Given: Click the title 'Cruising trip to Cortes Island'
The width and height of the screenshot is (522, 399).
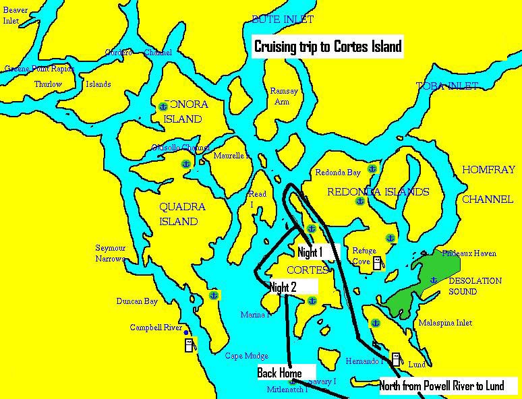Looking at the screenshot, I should tap(328, 47).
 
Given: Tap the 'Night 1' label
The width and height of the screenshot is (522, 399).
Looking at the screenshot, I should tap(310, 253).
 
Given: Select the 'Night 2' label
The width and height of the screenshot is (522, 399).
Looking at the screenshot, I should tap(283, 288).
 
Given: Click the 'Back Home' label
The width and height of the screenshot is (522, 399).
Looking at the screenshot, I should tap(279, 373).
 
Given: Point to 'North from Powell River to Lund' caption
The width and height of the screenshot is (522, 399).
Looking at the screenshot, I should tap(442, 386).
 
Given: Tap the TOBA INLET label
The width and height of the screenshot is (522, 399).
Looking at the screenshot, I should tap(446, 86).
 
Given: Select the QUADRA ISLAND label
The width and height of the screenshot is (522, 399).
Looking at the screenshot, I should tap(182, 214).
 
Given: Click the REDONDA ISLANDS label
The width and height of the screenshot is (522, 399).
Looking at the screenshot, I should tap(378, 192).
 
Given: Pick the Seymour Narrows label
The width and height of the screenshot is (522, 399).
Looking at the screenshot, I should tap(111, 253).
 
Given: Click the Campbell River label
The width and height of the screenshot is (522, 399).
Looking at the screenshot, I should tap(156, 328).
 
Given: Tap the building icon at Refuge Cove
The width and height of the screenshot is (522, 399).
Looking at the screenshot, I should tap(377, 263).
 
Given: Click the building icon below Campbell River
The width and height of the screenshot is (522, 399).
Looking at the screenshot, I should tap(190, 345).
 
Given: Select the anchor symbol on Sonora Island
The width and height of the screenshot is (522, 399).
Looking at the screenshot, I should tap(163, 106).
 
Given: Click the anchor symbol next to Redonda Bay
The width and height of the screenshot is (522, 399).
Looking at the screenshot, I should tap(372, 168).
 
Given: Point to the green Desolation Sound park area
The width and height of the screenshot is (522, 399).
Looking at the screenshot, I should tap(418, 283).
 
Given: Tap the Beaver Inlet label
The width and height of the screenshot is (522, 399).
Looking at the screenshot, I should tap(16, 16).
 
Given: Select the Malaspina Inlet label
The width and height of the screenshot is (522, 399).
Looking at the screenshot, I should tap(445, 323).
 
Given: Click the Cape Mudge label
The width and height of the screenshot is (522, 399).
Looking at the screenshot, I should tap(246, 356).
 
